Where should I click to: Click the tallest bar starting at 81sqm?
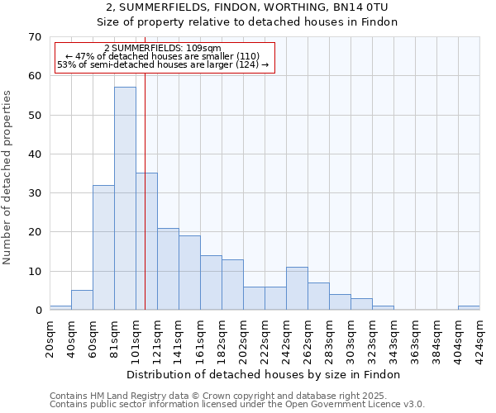[x=125, y=198]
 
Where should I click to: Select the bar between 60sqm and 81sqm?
[x=103, y=248]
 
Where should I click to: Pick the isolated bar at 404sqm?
[x=469, y=307]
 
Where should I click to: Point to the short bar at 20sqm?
[x=60, y=307]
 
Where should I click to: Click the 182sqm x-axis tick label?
[x=222, y=339]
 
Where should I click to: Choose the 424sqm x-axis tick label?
[x=479, y=339]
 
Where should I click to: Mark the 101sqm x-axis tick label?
[x=136, y=339]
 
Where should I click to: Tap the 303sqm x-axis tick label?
[x=351, y=339]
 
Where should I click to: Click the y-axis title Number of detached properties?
[x=8, y=178]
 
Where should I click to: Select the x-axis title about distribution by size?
[x=265, y=374]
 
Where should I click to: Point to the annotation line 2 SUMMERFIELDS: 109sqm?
[x=163, y=49]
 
